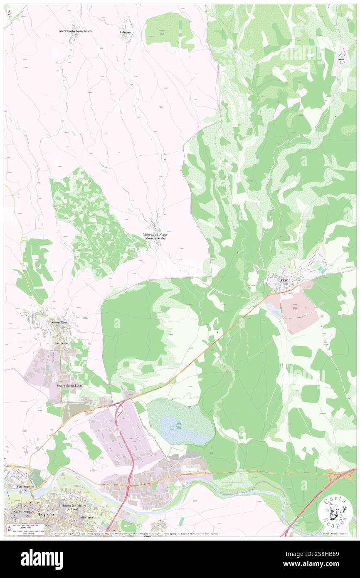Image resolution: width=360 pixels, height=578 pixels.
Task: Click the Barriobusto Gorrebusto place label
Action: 75,31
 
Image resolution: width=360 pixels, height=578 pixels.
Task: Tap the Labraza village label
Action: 125,32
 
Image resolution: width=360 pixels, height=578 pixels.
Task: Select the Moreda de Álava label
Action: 155,235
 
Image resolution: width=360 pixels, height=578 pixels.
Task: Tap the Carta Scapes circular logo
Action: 335,512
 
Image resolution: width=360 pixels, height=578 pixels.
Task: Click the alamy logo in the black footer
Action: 42,558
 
